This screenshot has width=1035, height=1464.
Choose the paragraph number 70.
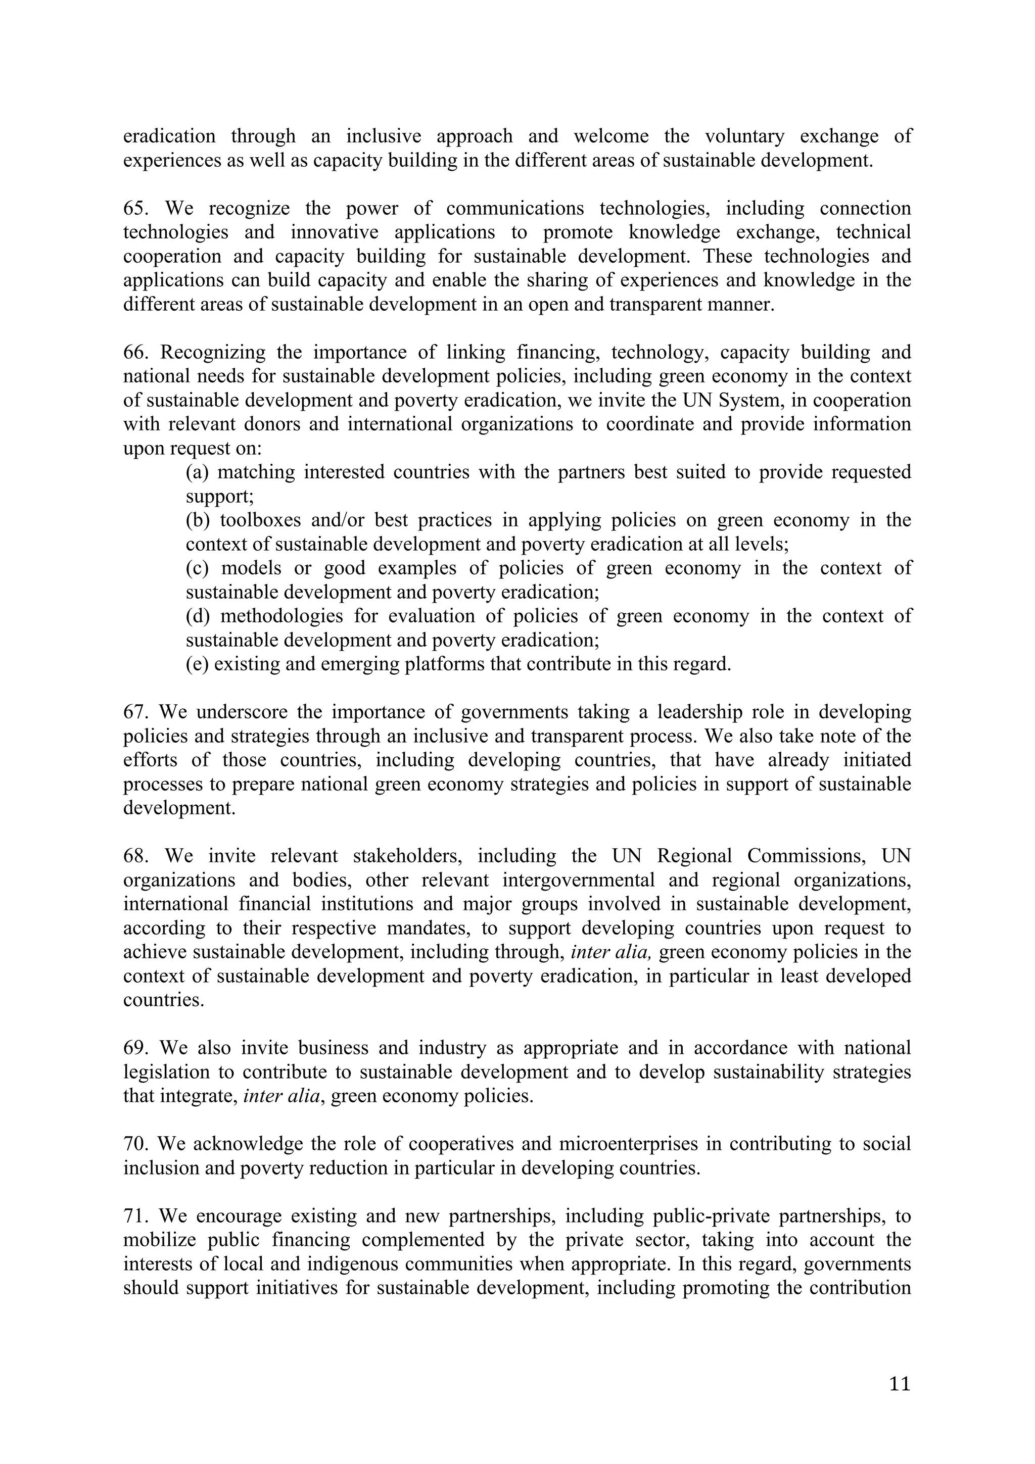click(134, 1144)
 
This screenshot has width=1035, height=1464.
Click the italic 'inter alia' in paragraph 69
click(281, 1096)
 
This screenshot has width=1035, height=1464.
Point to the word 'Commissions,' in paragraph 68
click(806, 856)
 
